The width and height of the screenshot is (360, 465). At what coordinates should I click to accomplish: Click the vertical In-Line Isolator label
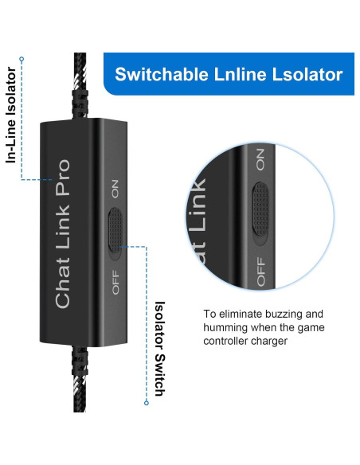tap(11, 116)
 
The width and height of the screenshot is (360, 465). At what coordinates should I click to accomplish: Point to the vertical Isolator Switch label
tap(158, 348)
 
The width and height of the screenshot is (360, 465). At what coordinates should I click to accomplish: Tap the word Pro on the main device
tap(61, 174)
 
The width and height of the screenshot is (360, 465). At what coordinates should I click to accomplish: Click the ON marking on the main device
tap(115, 189)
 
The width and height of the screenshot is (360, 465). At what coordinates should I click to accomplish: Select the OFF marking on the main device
tap(115, 282)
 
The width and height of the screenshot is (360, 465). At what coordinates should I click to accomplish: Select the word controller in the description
tap(230, 342)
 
